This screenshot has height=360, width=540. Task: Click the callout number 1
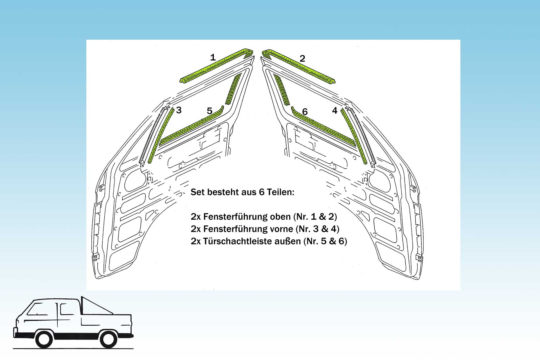pos(213,57)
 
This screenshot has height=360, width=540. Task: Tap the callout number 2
pos(302,58)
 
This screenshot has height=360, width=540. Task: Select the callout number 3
pos(179,110)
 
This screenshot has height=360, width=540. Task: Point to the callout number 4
pos(335,111)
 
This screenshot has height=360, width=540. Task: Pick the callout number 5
pos(210,111)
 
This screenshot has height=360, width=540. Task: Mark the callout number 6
pos(305,112)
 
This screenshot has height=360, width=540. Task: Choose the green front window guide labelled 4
pos(354,135)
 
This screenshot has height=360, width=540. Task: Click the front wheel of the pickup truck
pos(44,339)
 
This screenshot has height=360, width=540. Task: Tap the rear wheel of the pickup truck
pos(109,339)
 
